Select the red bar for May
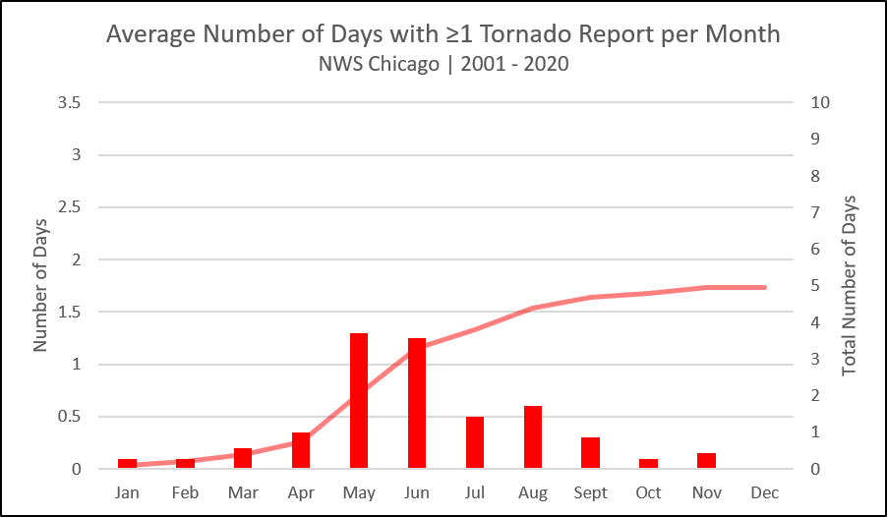click(x=359, y=400)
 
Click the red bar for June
click(x=417, y=403)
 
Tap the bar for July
click(x=475, y=442)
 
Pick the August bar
click(x=533, y=436)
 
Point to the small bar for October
click(x=648, y=463)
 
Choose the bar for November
click(x=706, y=460)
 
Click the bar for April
click(x=301, y=450)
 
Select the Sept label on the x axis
click(x=591, y=493)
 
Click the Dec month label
click(x=765, y=492)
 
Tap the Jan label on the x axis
click(x=127, y=492)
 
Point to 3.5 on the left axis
click(x=69, y=102)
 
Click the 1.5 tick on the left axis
click(x=69, y=312)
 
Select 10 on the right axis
click(x=820, y=102)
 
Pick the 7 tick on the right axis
click(x=815, y=212)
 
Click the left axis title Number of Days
click(x=39, y=286)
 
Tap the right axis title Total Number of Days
click(x=849, y=286)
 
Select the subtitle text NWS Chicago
click(x=379, y=64)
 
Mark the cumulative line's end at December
click(x=765, y=287)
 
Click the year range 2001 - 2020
click(x=514, y=64)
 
